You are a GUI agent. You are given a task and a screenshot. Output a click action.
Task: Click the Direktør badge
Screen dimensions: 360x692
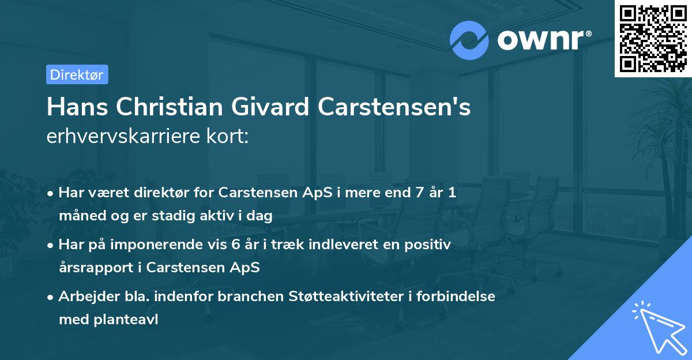(x=77, y=74)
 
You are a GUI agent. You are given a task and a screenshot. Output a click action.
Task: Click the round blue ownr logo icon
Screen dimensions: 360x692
(x=469, y=40)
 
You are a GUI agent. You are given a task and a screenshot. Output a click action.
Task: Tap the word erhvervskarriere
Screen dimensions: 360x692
(x=118, y=136)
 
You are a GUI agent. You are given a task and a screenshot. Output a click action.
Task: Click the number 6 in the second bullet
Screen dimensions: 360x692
(x=235, y=244)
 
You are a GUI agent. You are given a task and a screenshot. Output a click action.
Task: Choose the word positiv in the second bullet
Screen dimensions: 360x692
(x=430, y=244)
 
